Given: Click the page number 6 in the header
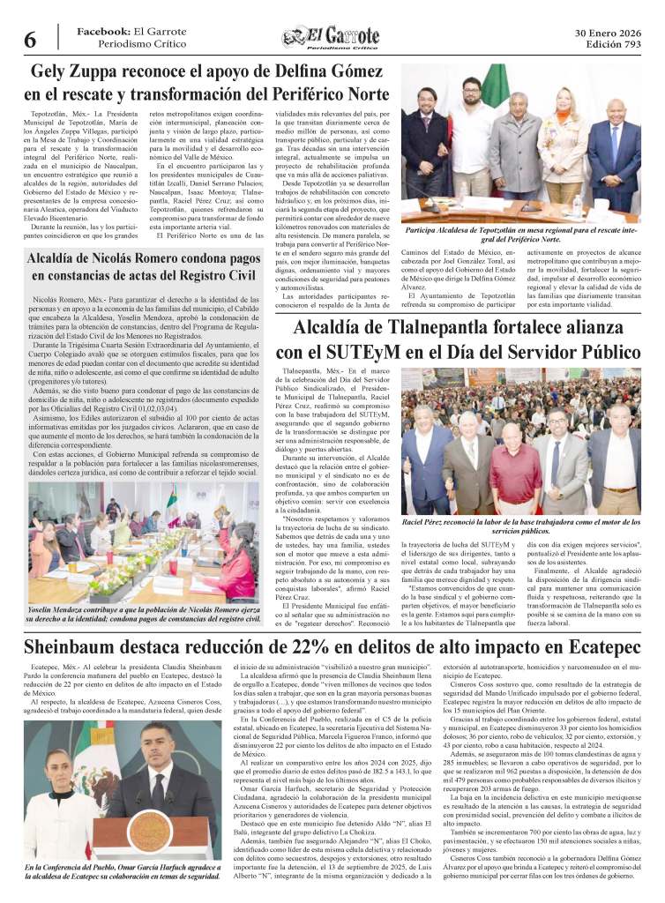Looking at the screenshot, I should (30, 39).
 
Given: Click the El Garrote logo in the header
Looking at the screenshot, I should (332, 37).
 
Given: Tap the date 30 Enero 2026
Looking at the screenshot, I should (608, 32).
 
